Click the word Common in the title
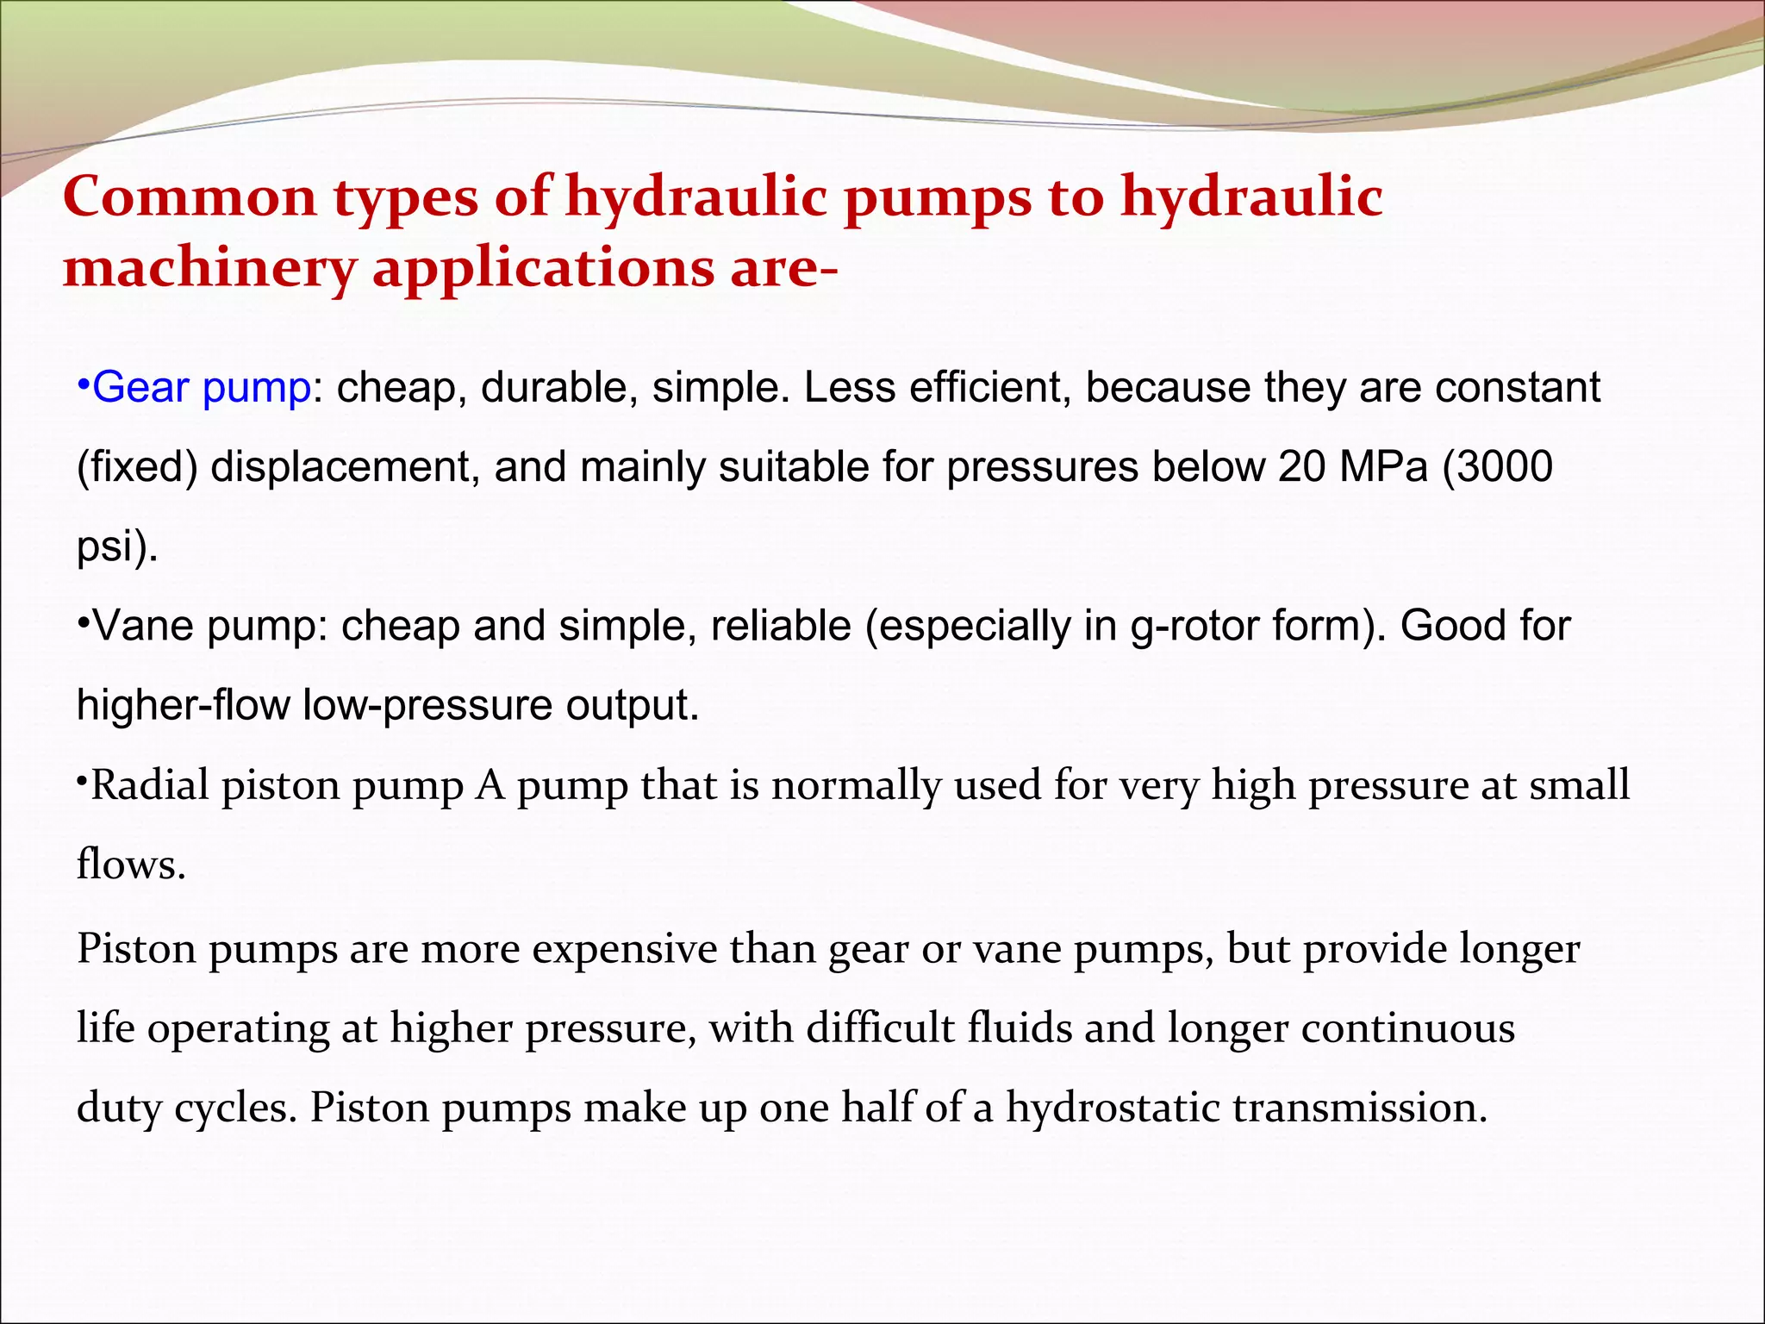tap(190, 197)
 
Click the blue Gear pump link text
tap(201, 388)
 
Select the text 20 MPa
tap(1352, 467)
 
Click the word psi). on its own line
tap(117, 546)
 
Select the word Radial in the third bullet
tap(150, 785)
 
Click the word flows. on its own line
tap(131, 865)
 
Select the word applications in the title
tap(544, 268)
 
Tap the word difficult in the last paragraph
tap(881, 1028)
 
